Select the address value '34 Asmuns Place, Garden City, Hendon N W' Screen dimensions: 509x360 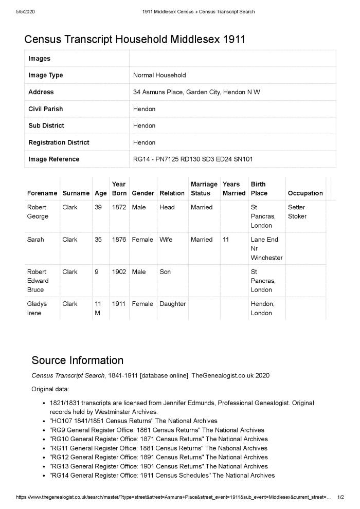(196, 92)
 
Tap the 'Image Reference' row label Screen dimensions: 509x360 (53, 159)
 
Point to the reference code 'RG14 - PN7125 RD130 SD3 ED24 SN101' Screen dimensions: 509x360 (193, 159)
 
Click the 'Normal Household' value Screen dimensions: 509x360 (159, 75)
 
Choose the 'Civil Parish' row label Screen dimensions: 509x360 (46, 109)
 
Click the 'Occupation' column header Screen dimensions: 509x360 (305, 193)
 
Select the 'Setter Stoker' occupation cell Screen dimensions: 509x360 (297, 212)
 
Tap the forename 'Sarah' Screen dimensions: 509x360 (35, 240)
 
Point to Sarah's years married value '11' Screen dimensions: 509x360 (226, 240)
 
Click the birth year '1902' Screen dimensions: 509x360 (119, 271)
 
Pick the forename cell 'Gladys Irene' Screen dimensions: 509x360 (37, 308)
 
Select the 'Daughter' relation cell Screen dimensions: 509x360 (173, 304)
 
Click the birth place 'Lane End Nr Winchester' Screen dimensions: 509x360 (266, 248)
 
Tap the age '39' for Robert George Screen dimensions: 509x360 (98, 207)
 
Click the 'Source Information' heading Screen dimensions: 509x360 (78, 360)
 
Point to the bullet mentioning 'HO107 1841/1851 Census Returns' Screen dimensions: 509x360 (133, 421)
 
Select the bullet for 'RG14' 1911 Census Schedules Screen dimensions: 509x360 (162, 476)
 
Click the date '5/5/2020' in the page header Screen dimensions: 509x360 (25, 12)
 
